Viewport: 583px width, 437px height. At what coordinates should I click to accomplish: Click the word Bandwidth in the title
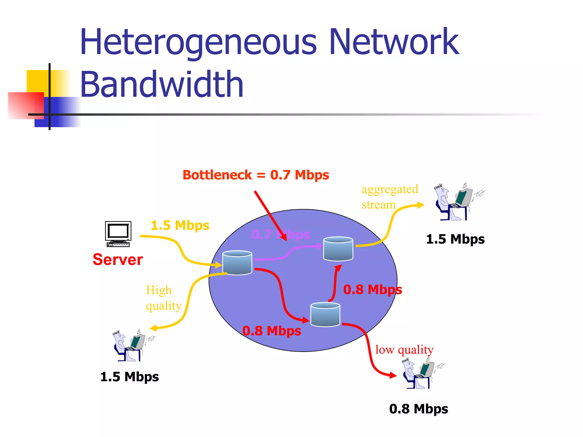click(x=162, y=84)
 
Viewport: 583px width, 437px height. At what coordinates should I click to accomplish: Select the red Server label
click(x=118, y=260)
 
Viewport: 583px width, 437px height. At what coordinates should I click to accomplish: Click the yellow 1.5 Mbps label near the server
click(x=180, y=225)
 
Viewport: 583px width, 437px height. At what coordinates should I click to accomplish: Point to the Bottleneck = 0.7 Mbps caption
click(x=256, y=175)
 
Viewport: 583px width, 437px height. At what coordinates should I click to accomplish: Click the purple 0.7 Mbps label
click(x=280, y=235)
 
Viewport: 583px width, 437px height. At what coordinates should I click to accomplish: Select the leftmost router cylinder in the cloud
click(x=237, y=263)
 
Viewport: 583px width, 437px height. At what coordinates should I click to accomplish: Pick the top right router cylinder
click(x=338, y=249)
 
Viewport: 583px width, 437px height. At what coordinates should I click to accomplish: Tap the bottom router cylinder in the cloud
click(x=325, y=314)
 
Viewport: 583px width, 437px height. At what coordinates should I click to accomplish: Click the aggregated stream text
click(x=389, y=197)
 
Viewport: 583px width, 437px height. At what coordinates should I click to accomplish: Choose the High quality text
click(x=163, y=298)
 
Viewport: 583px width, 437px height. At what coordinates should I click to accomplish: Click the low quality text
click(x=404, y=350)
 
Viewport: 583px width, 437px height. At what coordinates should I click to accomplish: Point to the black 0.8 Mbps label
click(x=418, y=409)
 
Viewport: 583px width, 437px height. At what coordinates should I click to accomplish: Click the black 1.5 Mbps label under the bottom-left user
click(x=130, y=377)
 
